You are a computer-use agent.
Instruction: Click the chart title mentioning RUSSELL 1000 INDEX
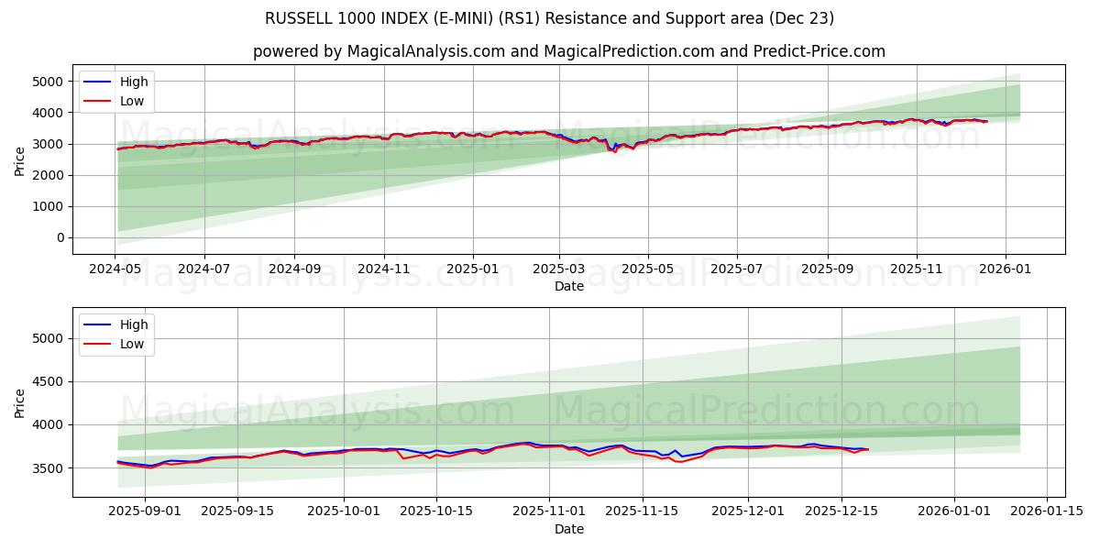tap(550, 18)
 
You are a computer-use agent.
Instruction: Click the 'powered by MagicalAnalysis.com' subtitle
tap(568, 51)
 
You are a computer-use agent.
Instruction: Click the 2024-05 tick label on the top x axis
tap(115, 269)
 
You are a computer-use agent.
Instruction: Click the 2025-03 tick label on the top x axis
tap(559, 269)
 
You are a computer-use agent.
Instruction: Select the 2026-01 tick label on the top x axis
tap(1006, 269)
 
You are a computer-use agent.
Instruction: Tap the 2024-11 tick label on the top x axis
tap(383, 269)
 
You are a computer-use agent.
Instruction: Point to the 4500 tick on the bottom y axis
tap(48, 381)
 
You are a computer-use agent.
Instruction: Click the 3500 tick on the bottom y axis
tap(48, 467)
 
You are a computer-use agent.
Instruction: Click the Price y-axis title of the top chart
tap(20, 160)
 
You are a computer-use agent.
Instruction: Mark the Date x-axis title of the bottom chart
tap(568, 529)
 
